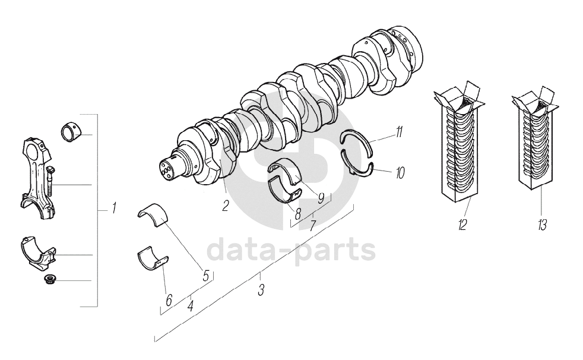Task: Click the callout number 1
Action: coord(113,209)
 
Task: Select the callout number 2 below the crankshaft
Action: coord(226,207)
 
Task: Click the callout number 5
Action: coord(205,276)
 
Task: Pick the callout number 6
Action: coord(169,301)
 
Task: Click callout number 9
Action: coord(321,198)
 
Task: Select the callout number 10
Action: coord(400,173)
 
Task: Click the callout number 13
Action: coord(542,225)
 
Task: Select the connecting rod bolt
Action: coord(50,181)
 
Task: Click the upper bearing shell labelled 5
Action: coord(153,213)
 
